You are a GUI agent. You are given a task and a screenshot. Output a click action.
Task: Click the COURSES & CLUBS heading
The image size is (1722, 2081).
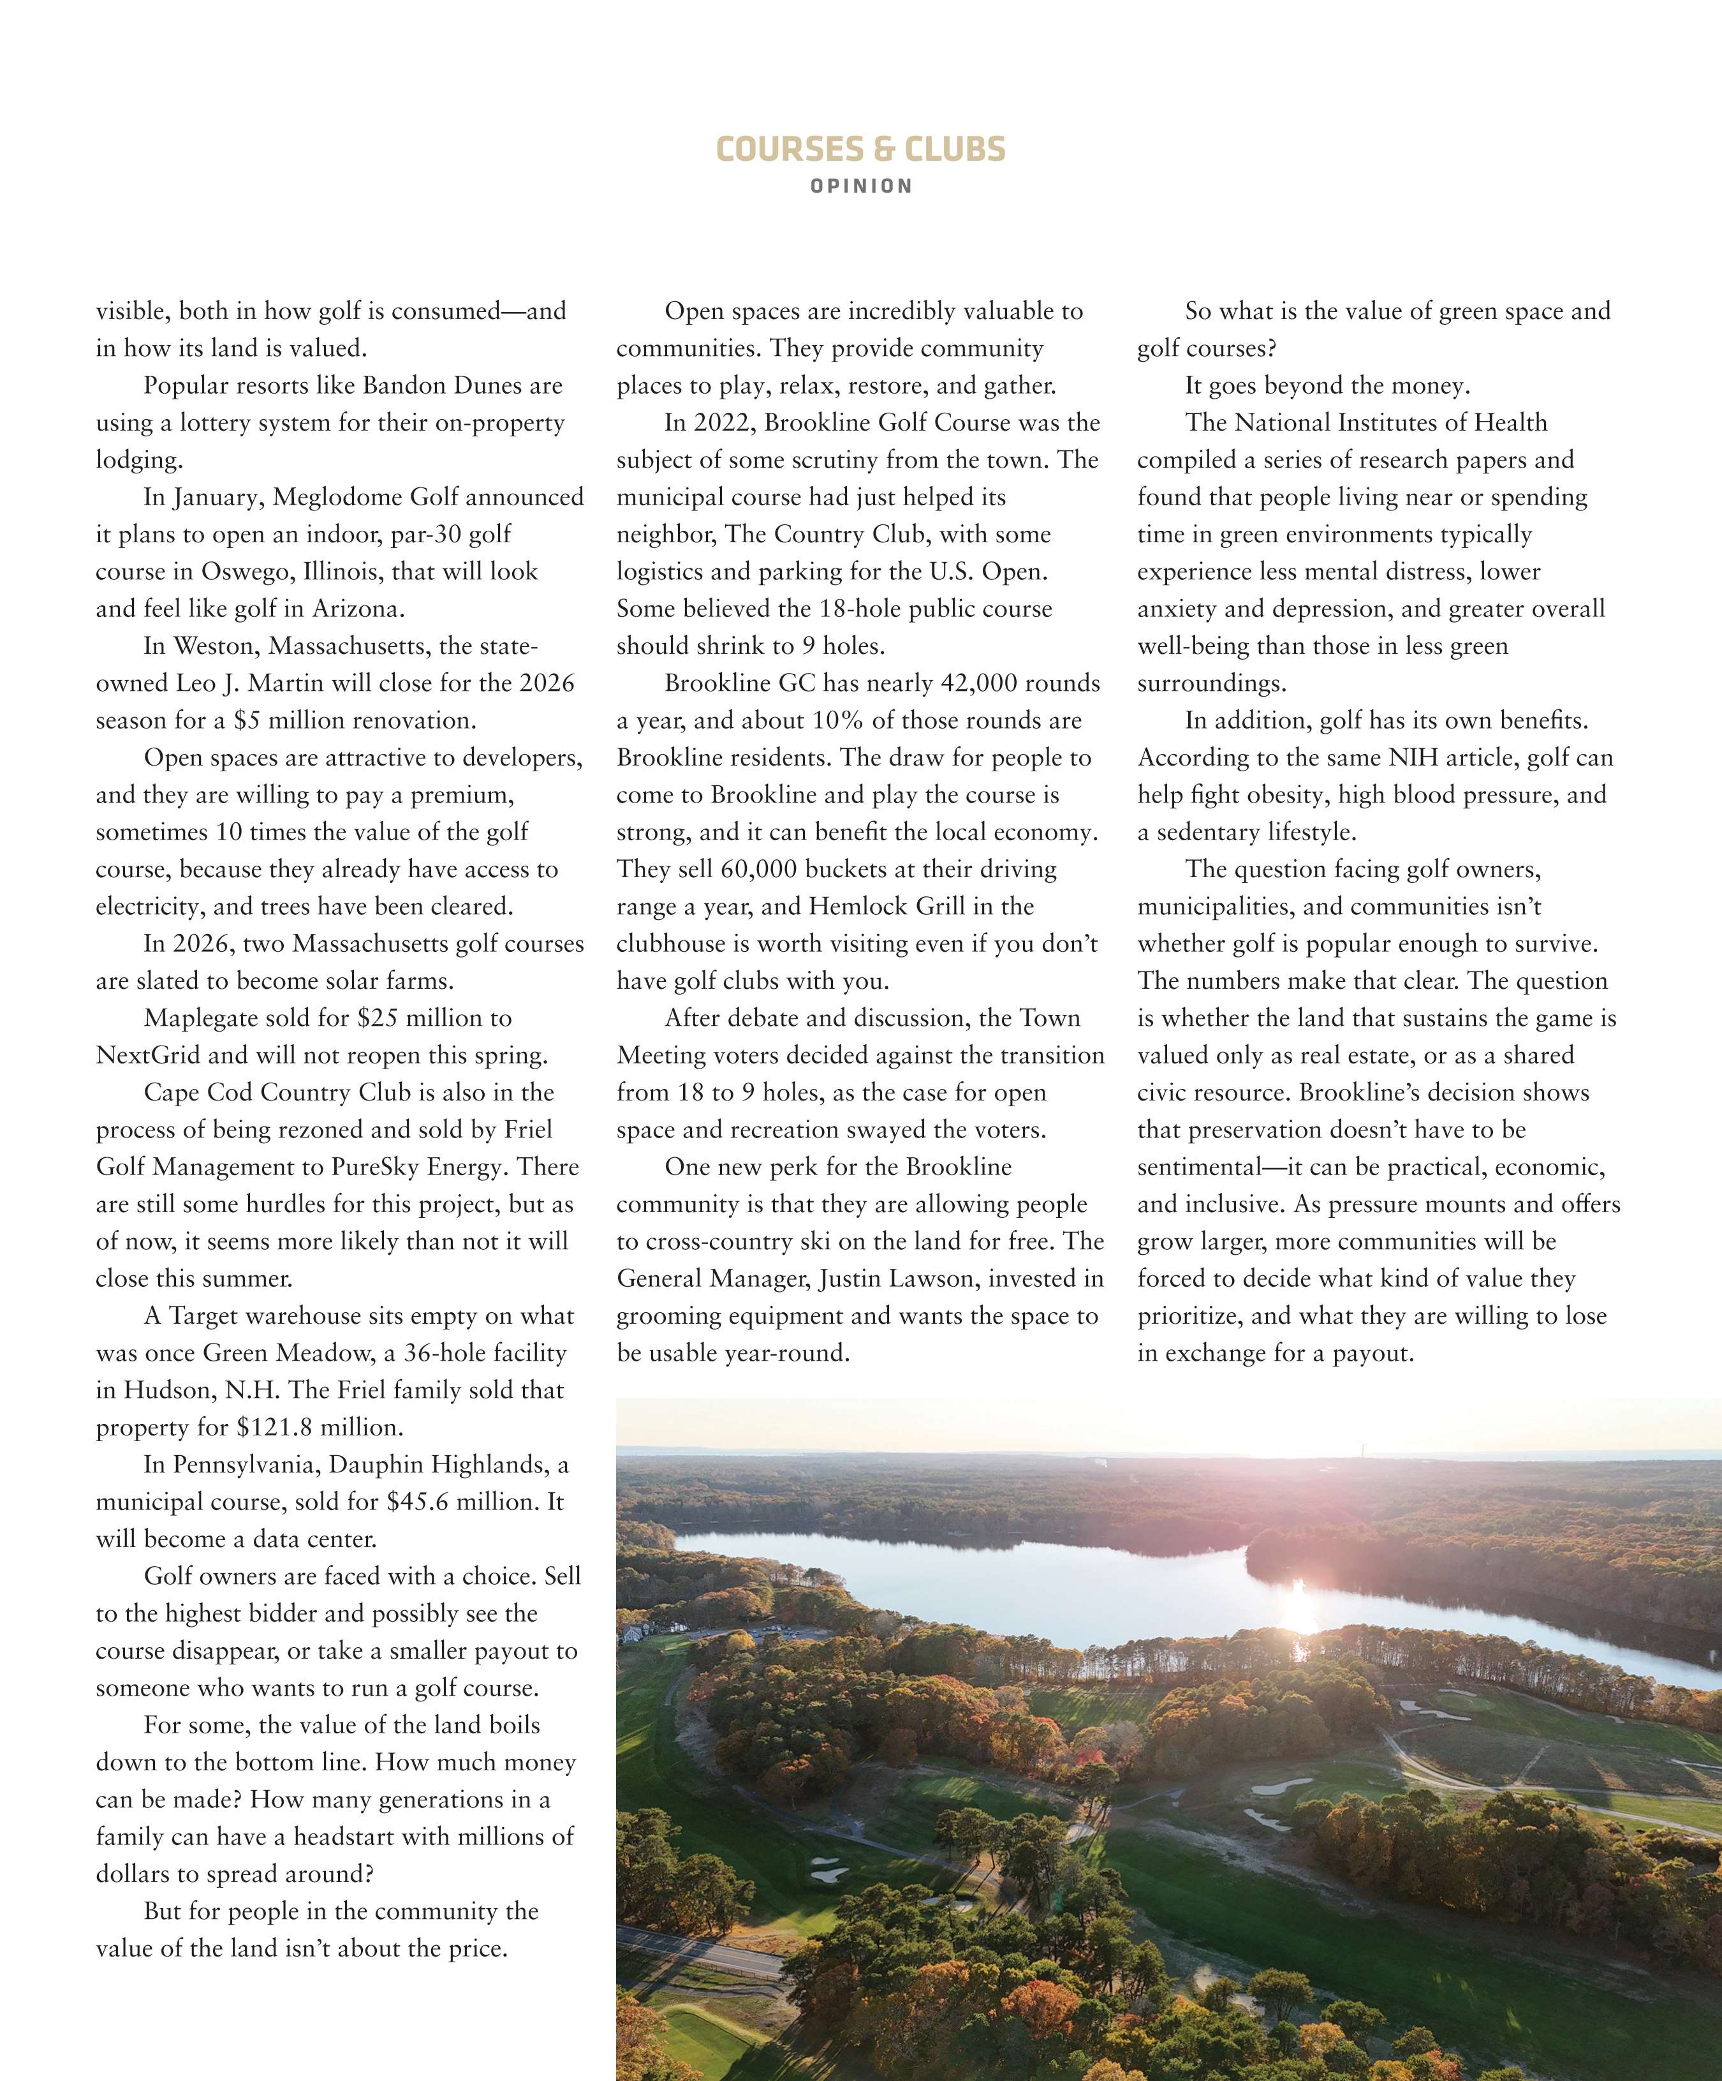860,150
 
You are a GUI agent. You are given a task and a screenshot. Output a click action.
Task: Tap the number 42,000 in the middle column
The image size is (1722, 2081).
976,684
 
